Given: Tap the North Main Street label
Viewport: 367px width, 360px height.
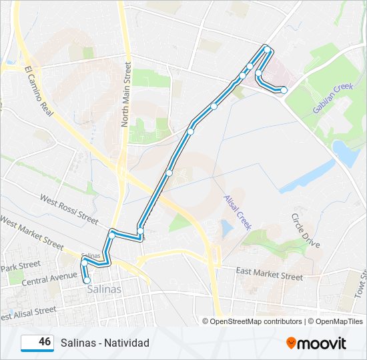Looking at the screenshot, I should (125, 94).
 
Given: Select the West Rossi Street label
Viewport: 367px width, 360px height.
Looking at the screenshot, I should (69, 207).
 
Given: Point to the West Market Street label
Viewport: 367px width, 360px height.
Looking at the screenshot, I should (31, 231).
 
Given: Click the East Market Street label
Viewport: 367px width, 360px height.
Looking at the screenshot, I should (270, 273).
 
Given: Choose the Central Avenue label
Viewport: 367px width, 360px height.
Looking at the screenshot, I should (49, 277).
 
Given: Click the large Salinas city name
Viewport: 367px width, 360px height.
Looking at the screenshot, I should (101, 290).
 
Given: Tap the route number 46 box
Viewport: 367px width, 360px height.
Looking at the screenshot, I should (37, 343).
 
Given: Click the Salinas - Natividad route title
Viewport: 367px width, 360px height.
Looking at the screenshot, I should (105, 343).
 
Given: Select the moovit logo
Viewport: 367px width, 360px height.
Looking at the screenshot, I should (316, 343).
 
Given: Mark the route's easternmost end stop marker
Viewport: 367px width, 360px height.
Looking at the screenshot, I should (284, 90).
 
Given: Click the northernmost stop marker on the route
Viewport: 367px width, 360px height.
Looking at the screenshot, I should (267, 49).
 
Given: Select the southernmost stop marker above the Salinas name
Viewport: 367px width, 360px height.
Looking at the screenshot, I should (87, 281).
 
